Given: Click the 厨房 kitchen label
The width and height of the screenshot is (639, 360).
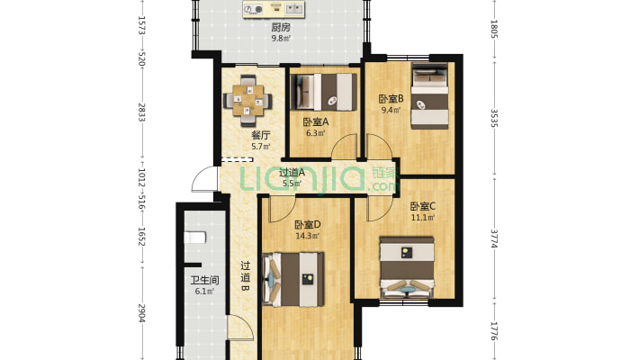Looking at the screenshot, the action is (281, 27).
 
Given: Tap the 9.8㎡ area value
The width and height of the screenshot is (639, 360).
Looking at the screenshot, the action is (281, 39).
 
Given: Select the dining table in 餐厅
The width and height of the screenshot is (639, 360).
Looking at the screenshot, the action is (247, 100).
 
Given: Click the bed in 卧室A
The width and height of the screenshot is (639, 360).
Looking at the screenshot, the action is (324, 92).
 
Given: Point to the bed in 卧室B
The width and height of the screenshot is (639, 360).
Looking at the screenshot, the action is (429, 95).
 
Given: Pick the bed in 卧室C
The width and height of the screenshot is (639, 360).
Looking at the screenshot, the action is (407, 267).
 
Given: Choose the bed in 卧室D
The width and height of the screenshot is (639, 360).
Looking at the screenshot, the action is (293, 279).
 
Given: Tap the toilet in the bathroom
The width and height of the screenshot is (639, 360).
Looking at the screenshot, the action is (194, 238).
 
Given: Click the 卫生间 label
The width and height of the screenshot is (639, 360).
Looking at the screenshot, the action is (204, 280).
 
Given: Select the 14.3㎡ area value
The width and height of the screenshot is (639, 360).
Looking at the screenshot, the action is (307, 236).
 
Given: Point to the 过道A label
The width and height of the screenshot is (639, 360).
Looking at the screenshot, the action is (292, 173).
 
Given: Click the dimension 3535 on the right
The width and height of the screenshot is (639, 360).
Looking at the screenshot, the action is (494, 118).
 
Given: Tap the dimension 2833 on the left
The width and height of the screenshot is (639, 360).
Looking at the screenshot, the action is (141, 112).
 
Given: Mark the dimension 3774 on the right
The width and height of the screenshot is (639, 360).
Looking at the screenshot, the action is (494, 238).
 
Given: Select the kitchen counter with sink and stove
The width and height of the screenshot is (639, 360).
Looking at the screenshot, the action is (274, 9).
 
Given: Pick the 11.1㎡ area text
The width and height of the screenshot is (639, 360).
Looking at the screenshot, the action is (423, 218).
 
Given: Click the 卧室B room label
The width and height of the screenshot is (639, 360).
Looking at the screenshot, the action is (391, 99).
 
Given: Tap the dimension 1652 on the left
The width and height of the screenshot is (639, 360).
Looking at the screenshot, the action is (141, 237).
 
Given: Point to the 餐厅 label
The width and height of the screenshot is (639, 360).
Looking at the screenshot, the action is (261, 135).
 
